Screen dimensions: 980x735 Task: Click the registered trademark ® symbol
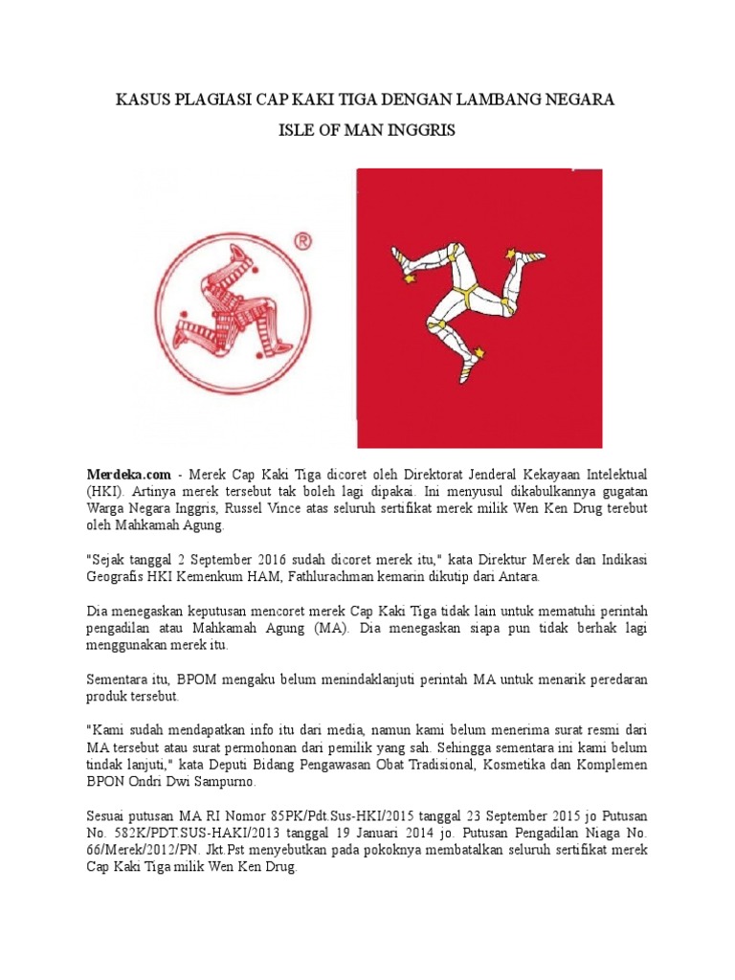[x=304, y=242]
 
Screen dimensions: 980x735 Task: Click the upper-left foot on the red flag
[x=403, y=258]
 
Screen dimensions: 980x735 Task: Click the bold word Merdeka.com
[x=128, y=474]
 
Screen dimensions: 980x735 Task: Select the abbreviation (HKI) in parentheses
[x=103, y=491]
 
